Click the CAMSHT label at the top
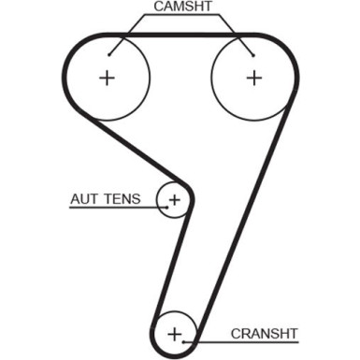[180, 8]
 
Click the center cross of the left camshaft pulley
[107, 78]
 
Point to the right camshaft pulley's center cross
[253, 78]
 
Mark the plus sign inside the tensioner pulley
[174, 199]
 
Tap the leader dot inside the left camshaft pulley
[109, 52]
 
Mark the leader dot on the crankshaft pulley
[194, 340]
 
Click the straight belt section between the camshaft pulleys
[180, 36]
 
